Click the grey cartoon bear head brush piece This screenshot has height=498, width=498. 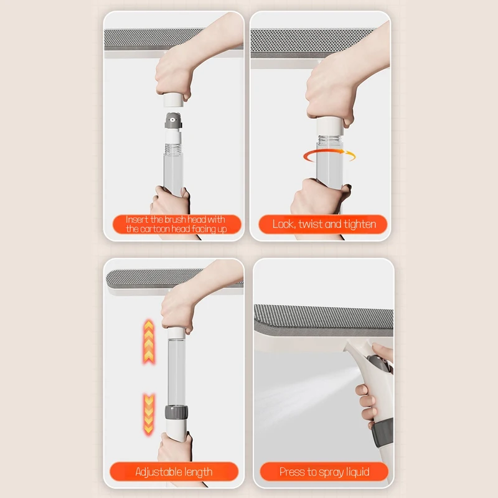coord(173,121)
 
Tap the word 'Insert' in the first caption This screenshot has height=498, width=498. coord(137,220)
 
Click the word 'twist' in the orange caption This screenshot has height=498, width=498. coord(310,224)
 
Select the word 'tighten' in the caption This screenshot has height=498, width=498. coord(360,225)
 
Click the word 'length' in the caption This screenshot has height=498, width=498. coord(198,472)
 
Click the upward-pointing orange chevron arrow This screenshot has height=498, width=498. coord(149,341)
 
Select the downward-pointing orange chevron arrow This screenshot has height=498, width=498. coord(149,414)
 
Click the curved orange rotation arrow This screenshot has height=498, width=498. coord(329,155)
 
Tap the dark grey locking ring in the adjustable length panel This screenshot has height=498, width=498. coord(176,412)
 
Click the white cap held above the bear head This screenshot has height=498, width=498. coord(174,100)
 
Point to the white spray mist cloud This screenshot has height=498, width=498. coord(305,397)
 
